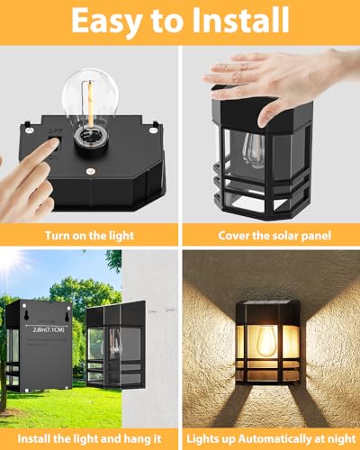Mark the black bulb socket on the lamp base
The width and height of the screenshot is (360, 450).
click(90, 135)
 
